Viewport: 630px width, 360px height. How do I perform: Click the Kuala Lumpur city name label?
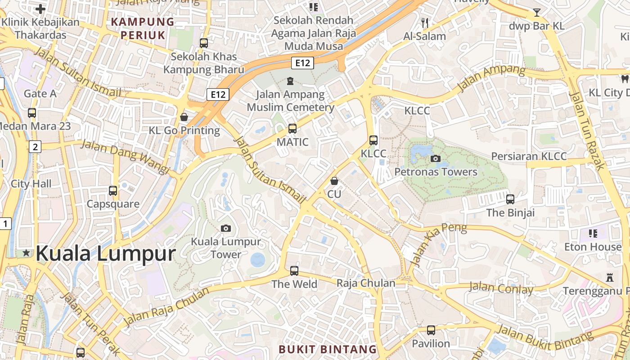coord(105,253)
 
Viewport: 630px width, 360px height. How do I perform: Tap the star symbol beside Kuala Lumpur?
coord(27,253)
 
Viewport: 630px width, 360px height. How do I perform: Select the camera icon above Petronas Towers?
coord(435,158)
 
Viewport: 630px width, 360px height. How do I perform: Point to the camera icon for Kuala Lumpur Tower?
coord(226,228)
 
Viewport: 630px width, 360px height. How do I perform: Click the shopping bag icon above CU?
coord(334,181)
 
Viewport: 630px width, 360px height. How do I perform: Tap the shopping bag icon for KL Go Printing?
coord(184,117)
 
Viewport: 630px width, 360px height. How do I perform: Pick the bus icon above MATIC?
coord(292,129)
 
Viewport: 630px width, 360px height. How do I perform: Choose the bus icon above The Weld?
coord(294,271)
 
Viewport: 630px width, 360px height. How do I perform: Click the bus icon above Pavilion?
coord(431,330)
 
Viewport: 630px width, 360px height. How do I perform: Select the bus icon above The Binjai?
coord(510,199)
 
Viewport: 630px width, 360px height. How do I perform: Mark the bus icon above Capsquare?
coord(113,191)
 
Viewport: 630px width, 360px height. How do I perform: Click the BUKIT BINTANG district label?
coord(328,349)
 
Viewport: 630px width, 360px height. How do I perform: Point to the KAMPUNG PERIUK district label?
coord(143,28)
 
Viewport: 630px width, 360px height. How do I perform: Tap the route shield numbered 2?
coord(35,146)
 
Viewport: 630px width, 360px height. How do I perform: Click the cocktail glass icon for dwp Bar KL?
coord(537,12)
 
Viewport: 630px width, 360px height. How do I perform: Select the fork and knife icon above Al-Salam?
coord(425,22)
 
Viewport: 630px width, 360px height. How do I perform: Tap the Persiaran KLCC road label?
coord(529,156)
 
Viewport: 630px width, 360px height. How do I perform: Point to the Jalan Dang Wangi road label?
coord(125,157)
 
